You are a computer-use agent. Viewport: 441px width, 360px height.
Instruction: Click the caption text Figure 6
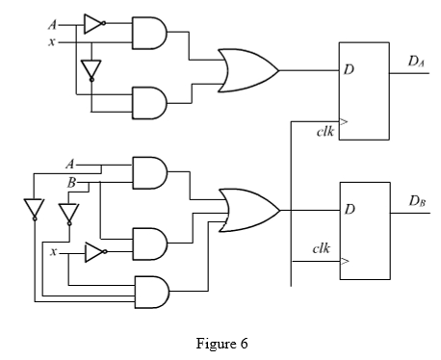tap(221, 344)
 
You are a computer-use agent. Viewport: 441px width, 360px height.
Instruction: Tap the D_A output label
tap(416, 62)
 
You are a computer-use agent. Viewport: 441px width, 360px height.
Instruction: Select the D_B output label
tap(417, 201)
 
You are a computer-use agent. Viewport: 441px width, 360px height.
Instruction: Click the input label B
tap(71, 183)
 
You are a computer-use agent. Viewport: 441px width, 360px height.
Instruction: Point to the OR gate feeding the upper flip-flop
tap(248, 70)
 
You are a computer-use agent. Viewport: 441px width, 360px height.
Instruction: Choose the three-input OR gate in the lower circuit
tap(249, 211)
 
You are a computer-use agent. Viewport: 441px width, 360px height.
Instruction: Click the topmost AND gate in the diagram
tap(149, 33)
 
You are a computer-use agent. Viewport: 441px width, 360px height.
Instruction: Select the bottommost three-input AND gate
tap(152, 292)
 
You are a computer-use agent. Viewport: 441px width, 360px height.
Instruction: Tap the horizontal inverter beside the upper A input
tap(95, 24)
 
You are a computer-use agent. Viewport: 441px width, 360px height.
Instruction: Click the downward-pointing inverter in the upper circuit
tap(91, 70)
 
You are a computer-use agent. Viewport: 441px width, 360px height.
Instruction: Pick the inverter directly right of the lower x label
tap(96, 252)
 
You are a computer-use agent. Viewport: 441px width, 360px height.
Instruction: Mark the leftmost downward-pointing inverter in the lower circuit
tap(34, 210)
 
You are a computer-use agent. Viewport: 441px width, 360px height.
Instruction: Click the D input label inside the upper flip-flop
tap(349, 69)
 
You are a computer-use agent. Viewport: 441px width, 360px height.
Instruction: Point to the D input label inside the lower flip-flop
tap(350, 209)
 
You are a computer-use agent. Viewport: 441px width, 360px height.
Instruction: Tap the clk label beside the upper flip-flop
tap(325, 132)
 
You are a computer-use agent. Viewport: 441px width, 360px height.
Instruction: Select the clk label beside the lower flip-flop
tap(322, 248)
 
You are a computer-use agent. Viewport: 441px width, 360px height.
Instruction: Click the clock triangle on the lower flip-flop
tap(345, 261)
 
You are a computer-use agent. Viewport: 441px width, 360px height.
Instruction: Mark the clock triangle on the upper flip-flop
tap(344, 121)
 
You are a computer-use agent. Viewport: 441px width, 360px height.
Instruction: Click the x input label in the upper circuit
tap(51, 41)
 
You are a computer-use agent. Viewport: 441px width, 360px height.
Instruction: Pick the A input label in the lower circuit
tap(70, 165)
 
